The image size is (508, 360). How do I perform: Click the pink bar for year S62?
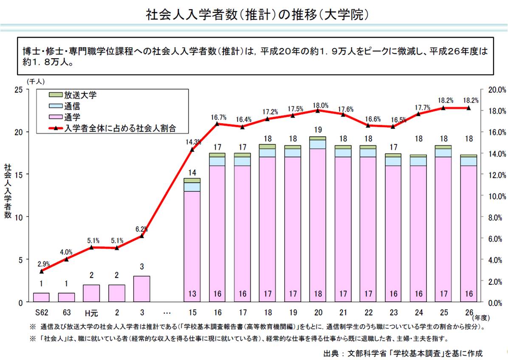[x=41, y=297]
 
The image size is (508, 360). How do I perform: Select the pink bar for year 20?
[x=317, y=225]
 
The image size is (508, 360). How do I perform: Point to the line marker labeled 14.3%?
[x=192, y=149]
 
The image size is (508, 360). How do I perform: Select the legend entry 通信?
[x=72, y=106]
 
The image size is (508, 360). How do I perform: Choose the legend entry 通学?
[x=72, y=116]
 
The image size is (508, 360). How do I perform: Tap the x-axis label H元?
[x=91, y=313]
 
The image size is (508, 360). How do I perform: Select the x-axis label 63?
[x=66, y=313]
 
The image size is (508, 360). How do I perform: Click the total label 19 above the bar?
[x=317, y=130]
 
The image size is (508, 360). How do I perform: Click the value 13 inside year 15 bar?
[x=192, y=294]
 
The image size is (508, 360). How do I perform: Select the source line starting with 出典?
[x=403, y=352]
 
